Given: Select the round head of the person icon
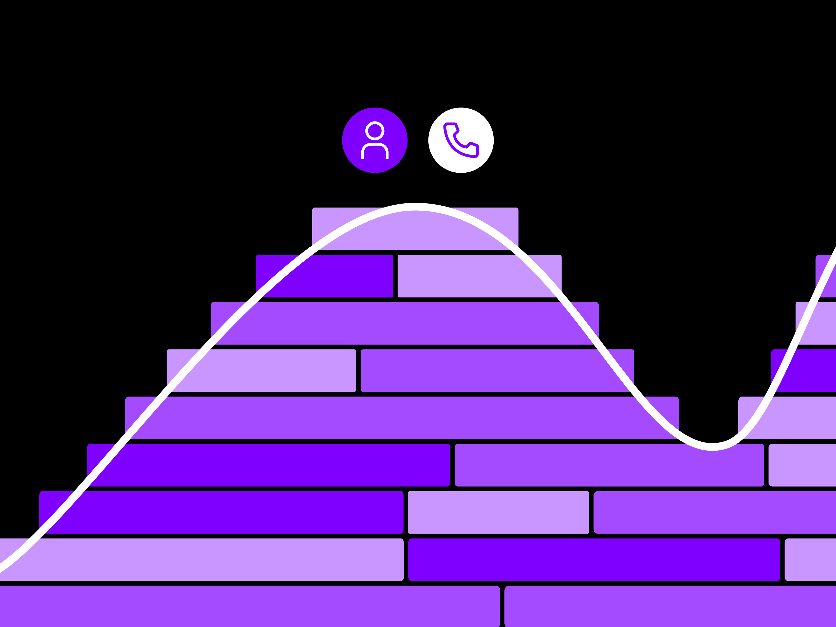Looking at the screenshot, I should click(x=375, y=131).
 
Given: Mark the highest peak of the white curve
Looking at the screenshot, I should click(x=415, y=207).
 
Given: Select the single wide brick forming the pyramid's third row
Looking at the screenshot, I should click(x=404, y=323).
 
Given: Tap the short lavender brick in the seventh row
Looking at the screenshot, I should click(x=498, y=512).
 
